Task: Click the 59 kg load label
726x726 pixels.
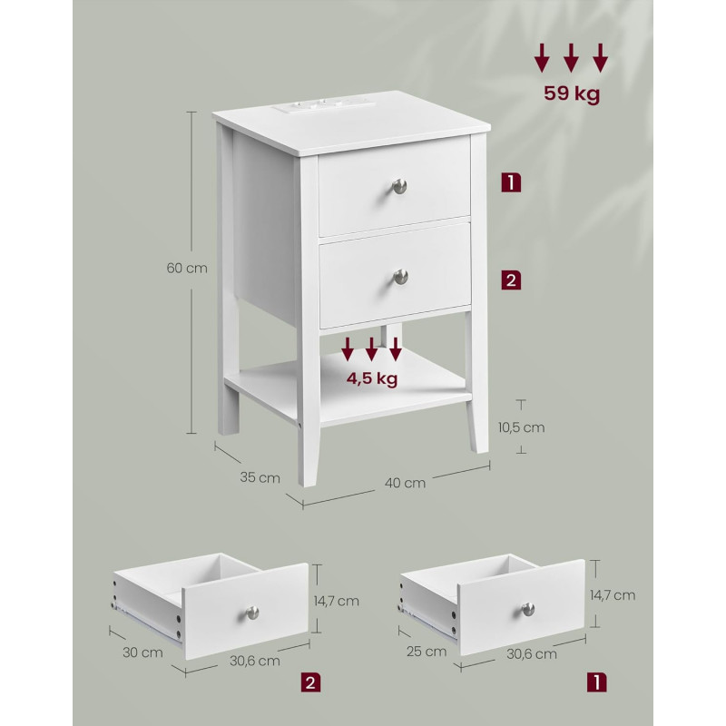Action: [x=572, y=93]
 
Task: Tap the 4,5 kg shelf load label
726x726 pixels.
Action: [x=372, y=378]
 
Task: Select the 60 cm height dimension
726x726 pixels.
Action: [x=187, y=268]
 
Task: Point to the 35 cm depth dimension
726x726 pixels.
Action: [x=260, y=477]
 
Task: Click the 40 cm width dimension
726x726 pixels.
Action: [x=405, y=483]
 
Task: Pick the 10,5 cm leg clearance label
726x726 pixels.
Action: [x=521, y=427]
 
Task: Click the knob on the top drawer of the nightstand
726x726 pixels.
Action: [x=399, y=186]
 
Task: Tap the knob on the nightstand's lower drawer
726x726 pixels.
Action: [x=401, y=277]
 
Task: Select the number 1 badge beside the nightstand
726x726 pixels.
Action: [x=511, y=182]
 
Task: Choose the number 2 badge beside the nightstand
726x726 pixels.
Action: [x=511, y=280]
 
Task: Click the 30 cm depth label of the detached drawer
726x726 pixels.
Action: [x=142, y=652]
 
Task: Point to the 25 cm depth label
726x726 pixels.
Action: [x=427, y=652]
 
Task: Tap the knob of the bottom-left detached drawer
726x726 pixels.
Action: [x=252, y=613]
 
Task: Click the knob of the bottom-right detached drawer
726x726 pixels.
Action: [x=528, y=609]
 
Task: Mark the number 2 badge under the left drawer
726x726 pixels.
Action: [x=310, y=683]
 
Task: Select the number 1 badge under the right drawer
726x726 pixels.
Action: [x=597, y=682]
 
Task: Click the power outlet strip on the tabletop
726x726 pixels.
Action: [x=323, y=106]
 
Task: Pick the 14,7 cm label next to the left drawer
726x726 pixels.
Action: [x=336, y=601]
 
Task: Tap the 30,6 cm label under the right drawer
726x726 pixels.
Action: [x=532, y=653]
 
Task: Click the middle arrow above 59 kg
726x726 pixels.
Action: [x=571, y=58]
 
